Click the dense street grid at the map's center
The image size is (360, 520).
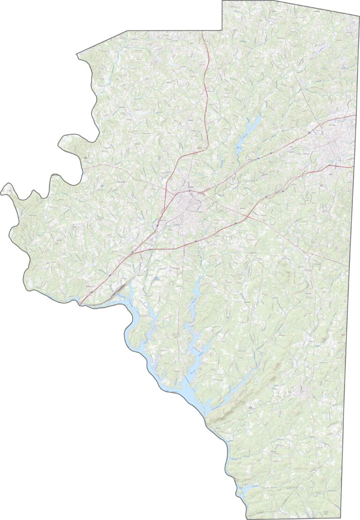[187, 206]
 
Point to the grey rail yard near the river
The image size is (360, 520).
[117, 291]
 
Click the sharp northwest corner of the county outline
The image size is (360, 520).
[77, 55]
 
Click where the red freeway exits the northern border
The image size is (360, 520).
[202, 31]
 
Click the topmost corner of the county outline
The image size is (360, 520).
[223, 1]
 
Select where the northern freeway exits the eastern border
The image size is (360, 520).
[356, 115]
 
